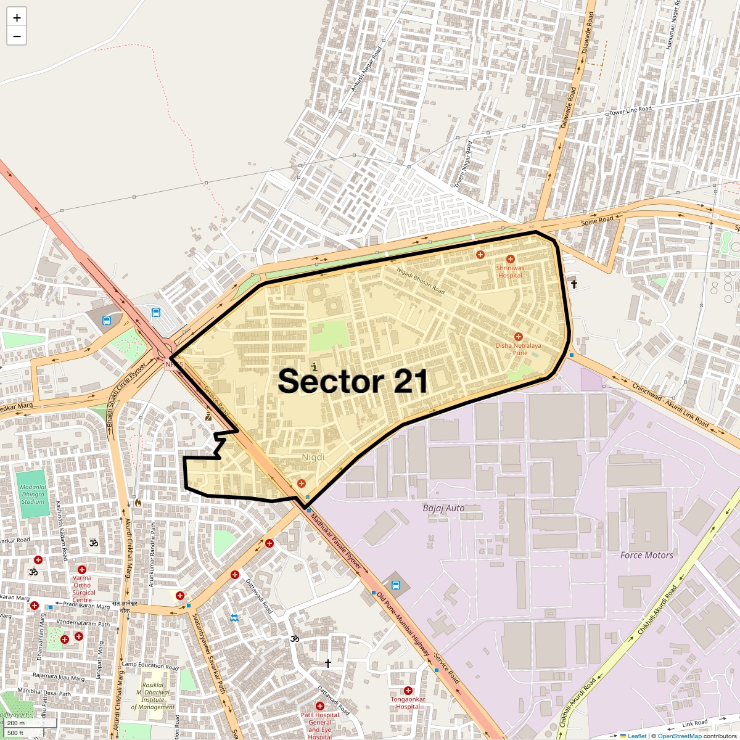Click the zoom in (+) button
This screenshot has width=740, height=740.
tap(17, 18)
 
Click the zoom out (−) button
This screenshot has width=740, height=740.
tap(17, 36)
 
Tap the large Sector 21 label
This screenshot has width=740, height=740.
tap(353, 381)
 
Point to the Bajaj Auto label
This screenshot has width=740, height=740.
tap(443, 508)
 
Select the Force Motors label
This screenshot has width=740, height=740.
tap(646, 555)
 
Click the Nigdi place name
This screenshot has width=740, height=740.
tap(313, 458)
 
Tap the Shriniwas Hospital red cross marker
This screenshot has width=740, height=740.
tap(510, 259)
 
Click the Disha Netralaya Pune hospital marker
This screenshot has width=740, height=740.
tap(518, 337)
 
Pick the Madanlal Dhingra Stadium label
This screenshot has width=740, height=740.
tap(33, 494)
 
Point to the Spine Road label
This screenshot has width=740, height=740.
tap(597, 220)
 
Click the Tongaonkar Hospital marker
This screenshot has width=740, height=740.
tap(408, 691)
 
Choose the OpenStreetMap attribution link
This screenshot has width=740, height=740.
tap(679, 736)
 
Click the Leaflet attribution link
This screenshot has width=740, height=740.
tap(637, 736)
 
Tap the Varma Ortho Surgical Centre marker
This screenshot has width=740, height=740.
tap(82, 569)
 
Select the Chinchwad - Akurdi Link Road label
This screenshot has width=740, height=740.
tap(670, 405)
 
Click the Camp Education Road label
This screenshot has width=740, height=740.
tap(150, 665)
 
